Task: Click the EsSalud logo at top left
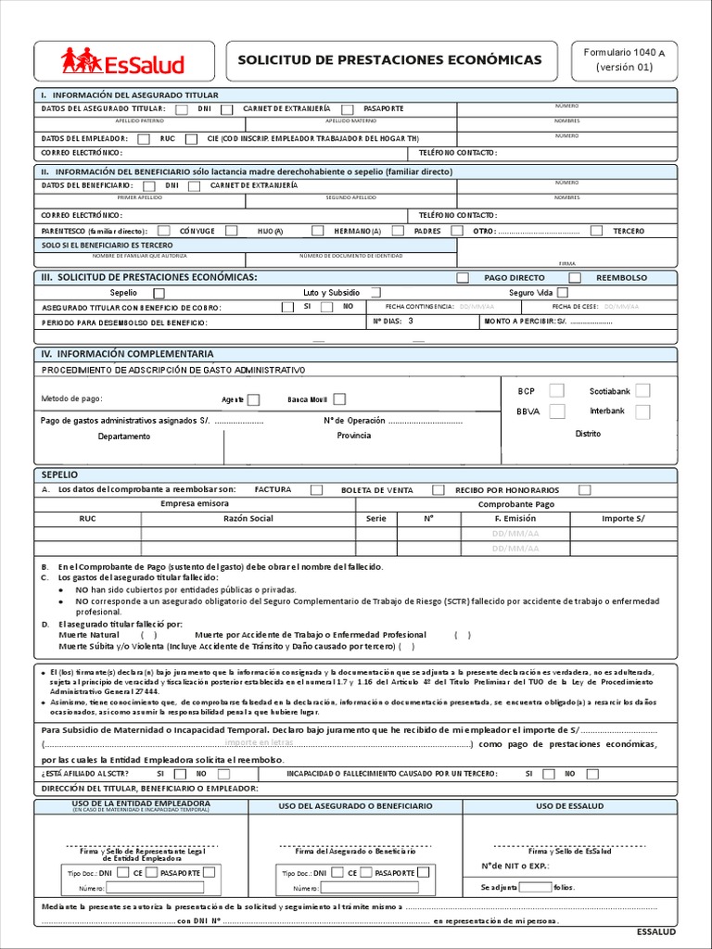[x=123, y=62]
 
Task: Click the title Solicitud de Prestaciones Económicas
[x=390, y=60]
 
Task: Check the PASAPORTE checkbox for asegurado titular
[x=348, y=109]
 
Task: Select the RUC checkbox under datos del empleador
[x=144, y=139]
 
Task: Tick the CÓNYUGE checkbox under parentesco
[x=164, y=231]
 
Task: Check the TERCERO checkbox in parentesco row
[x=596, y=231]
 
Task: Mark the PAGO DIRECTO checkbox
[x=463, y=278]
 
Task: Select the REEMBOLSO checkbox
[x=575, y=278]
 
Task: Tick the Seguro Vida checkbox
[x=562, y=293]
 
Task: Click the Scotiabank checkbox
[x=642, y=391]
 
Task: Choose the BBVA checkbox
[x=556, y=411]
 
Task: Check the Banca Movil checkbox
[x=339, y=399]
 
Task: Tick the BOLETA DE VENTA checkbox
[x=439, y=490]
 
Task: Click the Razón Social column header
[x=248, y=519]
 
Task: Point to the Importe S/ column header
[x=623, y=519]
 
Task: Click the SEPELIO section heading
[x=60, y=474]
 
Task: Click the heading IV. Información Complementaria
[x=127, y=354]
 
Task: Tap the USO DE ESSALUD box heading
[x=570, y=806]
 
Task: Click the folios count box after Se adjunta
[x=535, y=887]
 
